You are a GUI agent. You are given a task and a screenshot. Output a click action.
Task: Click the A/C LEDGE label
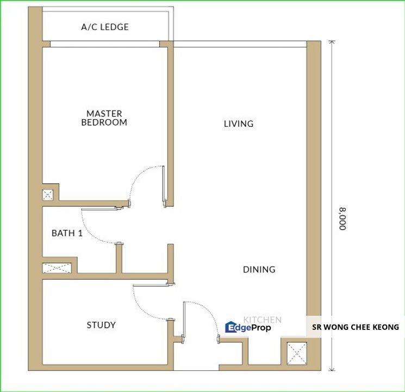point(104,27)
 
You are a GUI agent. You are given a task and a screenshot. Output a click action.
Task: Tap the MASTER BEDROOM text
point(104,118)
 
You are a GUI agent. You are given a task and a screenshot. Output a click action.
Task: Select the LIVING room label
point(239,124)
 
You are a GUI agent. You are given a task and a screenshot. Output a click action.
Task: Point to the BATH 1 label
point(67,233)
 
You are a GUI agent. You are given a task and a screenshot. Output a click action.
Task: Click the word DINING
point(259,269)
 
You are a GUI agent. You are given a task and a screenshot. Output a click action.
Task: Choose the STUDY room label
point(101,325)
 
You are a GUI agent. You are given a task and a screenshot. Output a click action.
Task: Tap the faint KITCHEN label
point(262,320)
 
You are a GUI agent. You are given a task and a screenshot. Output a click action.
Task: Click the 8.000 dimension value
point(342,218)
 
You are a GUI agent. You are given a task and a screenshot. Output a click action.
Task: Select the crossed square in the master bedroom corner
point(48,194)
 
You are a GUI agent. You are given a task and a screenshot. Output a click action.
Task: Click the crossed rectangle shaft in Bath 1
point(58,268)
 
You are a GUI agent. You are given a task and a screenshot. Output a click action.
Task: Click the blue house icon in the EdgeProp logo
point(230,327)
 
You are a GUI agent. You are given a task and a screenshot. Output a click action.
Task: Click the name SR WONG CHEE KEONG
point(355,327)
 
